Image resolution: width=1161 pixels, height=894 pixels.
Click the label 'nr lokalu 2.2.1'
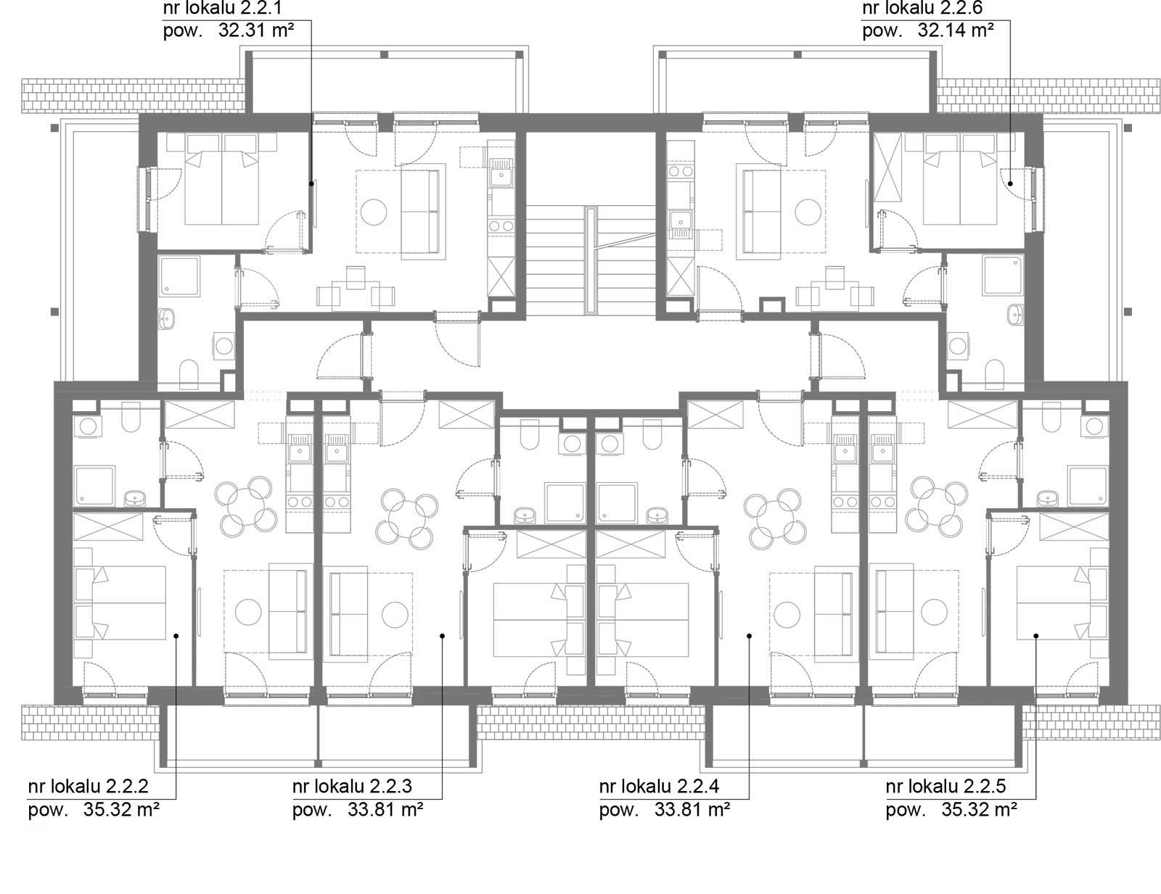click(222, 7)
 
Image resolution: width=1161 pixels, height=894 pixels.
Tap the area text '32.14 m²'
click(956, 30)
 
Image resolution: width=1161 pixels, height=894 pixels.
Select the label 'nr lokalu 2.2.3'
click(352, 786)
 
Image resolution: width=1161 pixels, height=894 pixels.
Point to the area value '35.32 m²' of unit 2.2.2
click(121, 809)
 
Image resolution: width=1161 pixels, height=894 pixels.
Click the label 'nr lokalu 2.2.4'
click(659, 786)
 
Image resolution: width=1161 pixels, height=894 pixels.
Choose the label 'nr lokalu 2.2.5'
click(945, 786)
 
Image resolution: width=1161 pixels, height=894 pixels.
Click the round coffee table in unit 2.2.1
click(374, 212)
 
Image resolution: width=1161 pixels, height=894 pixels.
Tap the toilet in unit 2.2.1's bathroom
click(189, 373)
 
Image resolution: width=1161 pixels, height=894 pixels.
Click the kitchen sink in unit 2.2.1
click(501, 171)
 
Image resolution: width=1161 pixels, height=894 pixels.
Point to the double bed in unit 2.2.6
click(960, 179)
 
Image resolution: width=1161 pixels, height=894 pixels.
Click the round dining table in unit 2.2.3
click(406, 518)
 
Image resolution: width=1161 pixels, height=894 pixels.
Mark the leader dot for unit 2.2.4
click(749, 636)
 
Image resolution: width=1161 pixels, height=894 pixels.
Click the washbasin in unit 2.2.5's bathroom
click(1047, 499)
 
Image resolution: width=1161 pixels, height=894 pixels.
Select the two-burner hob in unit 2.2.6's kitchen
click(681, 171)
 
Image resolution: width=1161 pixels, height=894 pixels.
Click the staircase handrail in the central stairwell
click(591, 260)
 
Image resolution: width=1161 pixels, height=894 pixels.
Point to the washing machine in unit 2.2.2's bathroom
click(88, 426)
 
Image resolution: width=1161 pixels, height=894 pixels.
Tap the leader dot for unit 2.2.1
click(311, 183)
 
